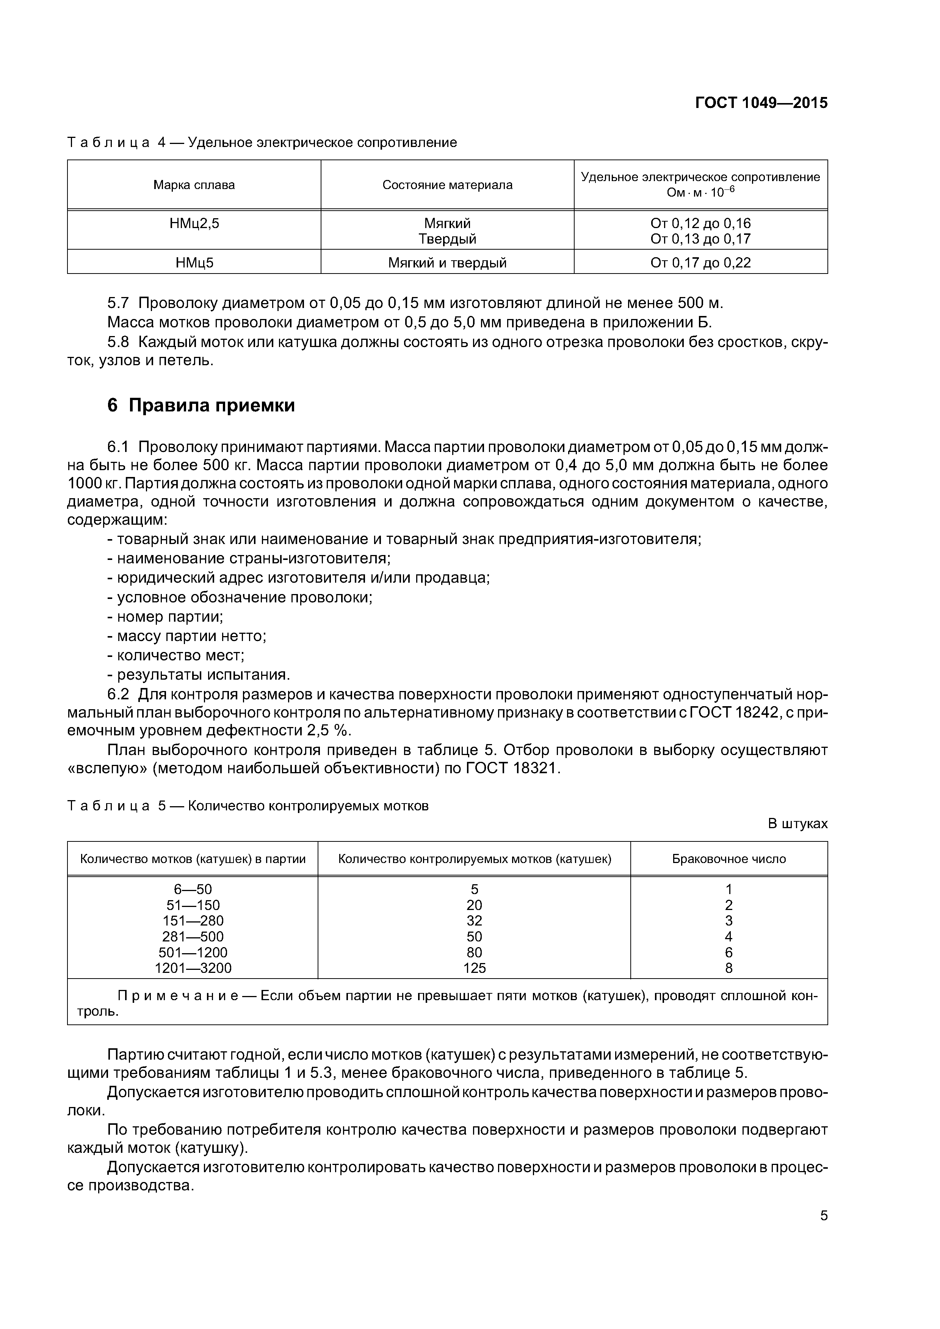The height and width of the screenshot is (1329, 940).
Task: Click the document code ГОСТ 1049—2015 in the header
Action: click(x=761, y=103)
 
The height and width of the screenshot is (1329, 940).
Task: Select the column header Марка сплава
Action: click(x=194, y=185)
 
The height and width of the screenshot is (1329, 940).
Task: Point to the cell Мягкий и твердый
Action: click(x=447, y=263)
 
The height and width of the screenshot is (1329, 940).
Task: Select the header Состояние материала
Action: click(x=447, y=185)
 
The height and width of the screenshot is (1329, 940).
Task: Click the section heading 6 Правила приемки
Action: click(x=201, y=406)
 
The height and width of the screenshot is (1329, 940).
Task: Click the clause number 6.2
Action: click(x=119, y=694)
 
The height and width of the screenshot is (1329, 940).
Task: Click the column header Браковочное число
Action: click(x=728, y=859)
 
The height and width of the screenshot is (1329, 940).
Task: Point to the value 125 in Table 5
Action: click(x=474, y=968)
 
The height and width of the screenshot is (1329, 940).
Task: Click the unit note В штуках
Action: click(x=797, y=824)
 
